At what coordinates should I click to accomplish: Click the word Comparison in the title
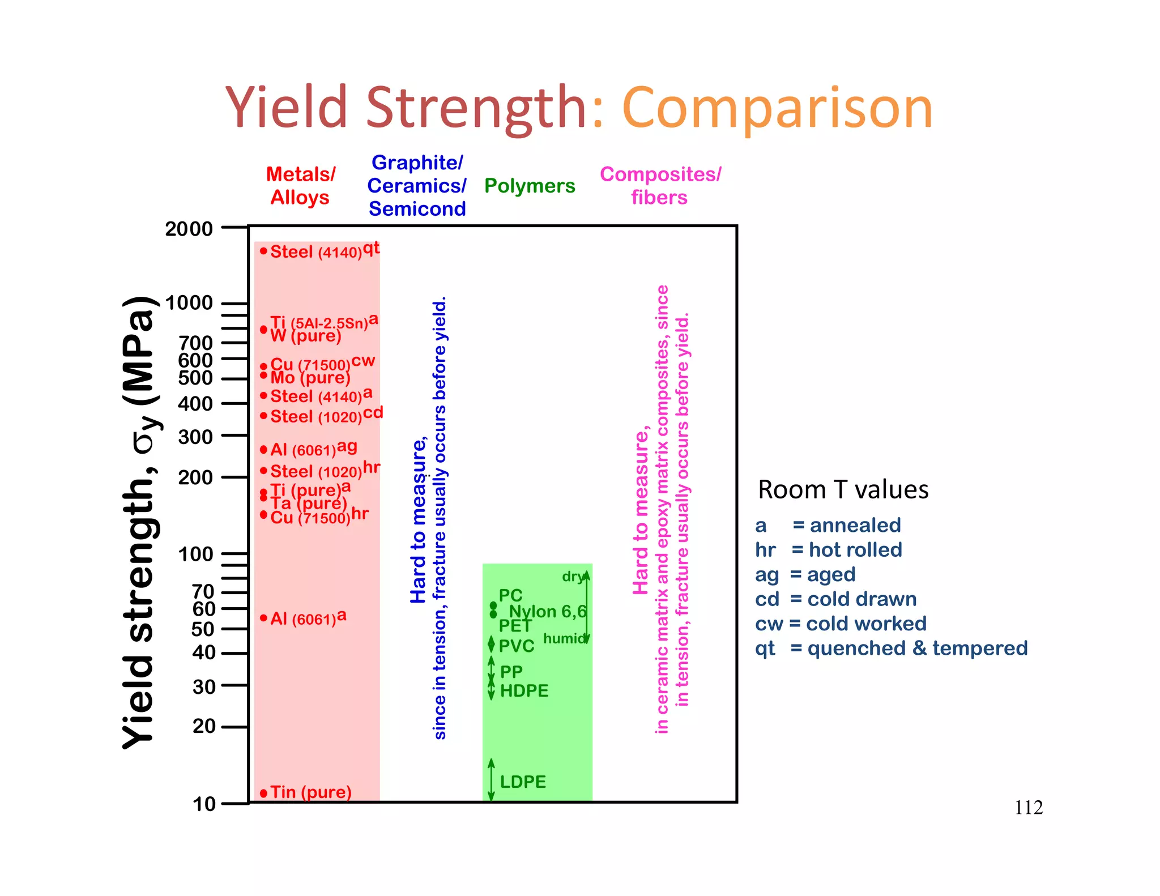click(777, 108)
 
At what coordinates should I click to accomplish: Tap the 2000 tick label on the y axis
click(189, 229)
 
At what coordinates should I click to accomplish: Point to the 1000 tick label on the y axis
click(189, 303)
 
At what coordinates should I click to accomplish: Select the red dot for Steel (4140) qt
click(263, 251)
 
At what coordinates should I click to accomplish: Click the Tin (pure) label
click(310, 792)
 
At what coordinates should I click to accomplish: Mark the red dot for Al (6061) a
click(263, 618)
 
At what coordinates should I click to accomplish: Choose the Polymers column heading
click(530, 186)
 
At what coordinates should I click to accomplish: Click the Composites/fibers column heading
click(660, 186)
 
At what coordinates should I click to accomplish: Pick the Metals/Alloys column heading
click(300, 186)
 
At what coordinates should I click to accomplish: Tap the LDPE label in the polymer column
click(523, 782)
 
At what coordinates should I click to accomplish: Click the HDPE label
click(524, 691)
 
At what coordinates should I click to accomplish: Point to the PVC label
click(517, 646)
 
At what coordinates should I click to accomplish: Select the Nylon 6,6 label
click(547, 612)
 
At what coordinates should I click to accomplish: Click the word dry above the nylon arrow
click(572, 577)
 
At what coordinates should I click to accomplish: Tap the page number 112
click(1029, 807)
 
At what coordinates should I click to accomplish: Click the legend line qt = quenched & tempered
click(891, 648)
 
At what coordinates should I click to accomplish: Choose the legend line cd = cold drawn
click(835, 599)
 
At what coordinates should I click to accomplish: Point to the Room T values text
click(843, 490)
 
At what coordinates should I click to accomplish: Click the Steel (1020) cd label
click(326, 416)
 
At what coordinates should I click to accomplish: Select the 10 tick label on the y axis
click(204, 804)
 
